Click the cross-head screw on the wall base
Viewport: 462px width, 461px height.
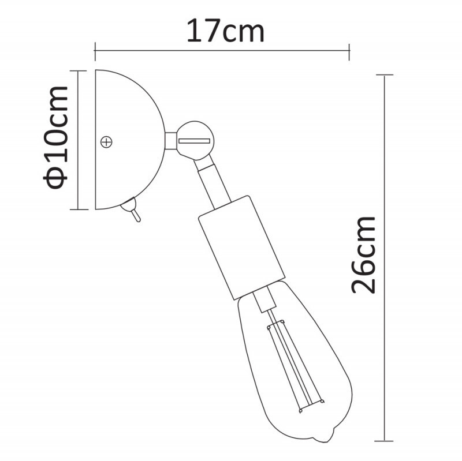click(106, 141)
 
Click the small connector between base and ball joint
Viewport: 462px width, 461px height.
click(171, 140)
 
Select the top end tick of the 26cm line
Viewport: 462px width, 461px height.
click(384, 75)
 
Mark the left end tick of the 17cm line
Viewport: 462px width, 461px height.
click(95, 51)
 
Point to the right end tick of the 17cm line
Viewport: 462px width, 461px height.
click(349, 51)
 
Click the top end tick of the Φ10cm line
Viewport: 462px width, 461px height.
click(77, 70)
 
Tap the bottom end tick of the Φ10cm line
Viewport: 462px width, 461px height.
click(77, 209)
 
